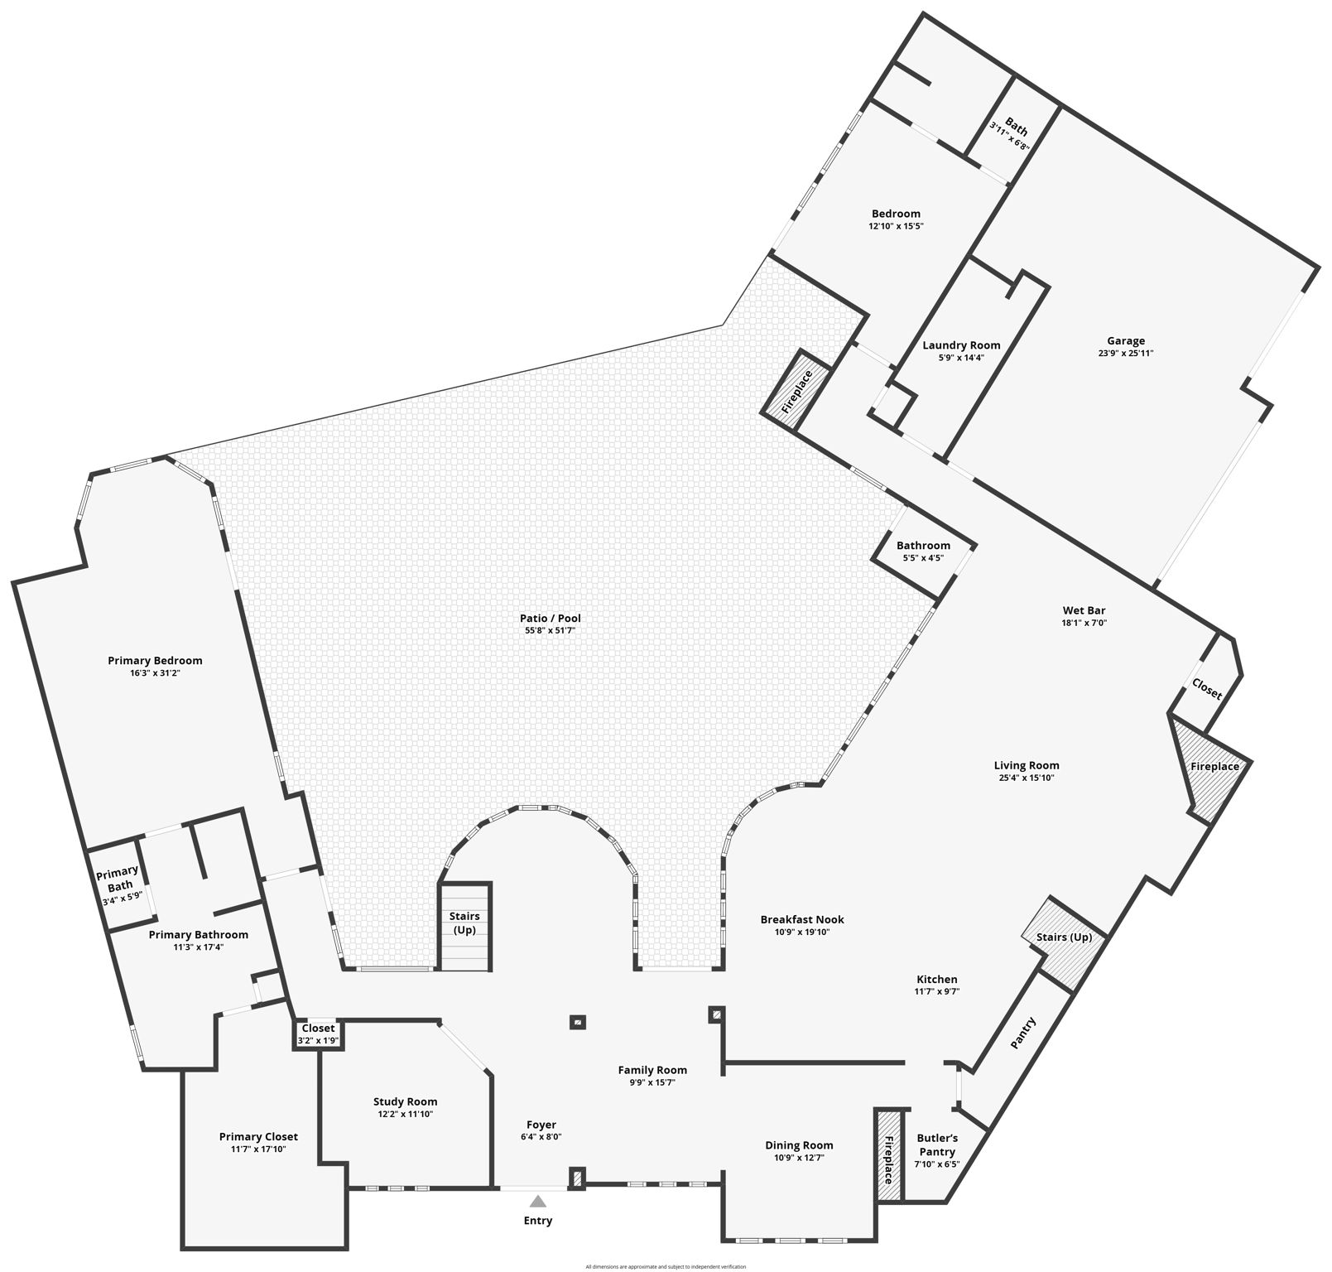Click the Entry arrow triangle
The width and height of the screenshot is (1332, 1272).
coord(538,1201)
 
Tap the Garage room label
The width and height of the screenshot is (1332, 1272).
coord(1126,340)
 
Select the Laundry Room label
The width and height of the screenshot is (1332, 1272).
coord(961,345)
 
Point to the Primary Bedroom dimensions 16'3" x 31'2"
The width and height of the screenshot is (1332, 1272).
coord(155,673)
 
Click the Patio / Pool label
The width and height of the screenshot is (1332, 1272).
coord(551,618)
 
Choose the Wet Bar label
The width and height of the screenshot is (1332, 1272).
coord(1084,610)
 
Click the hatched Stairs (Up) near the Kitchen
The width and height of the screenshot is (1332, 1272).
coord(1065,940)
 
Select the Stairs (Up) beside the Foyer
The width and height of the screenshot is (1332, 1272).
coord(464,923)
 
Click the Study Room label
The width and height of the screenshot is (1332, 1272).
coord(405,1101)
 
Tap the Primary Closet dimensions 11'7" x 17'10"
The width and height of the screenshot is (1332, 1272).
coord(258,1149)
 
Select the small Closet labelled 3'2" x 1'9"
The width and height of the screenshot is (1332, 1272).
coord(318,1033)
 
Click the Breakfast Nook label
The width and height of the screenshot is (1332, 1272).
coord(802,919)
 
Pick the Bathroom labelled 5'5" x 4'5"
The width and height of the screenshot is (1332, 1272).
coord(923,551)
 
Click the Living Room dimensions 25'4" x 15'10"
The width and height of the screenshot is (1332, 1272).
coord(1027,778)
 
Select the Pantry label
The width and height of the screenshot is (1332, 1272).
coord(1023,1033)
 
